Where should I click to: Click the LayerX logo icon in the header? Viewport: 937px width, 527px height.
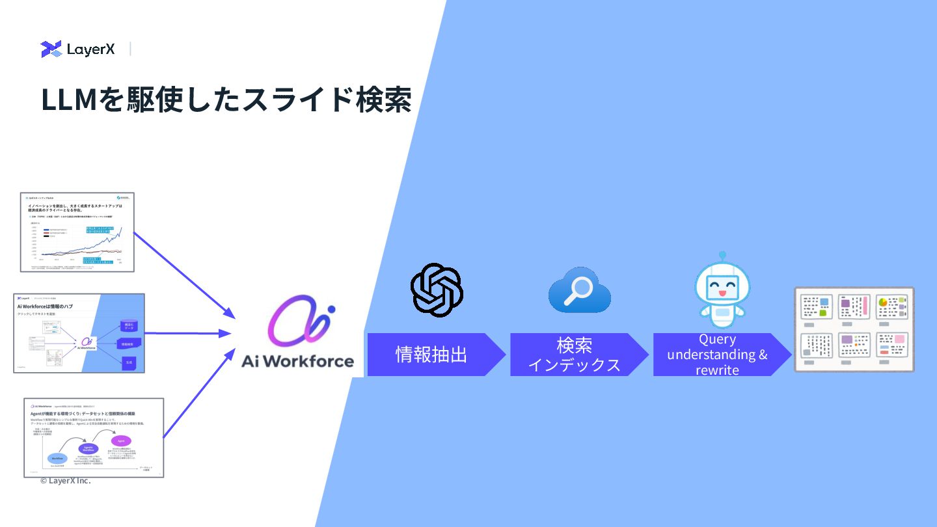51,49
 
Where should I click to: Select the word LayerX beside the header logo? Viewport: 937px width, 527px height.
90,49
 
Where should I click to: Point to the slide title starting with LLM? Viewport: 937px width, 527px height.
226,100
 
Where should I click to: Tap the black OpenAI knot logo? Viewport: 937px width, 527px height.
437,290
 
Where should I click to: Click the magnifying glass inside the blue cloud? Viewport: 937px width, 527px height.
578,289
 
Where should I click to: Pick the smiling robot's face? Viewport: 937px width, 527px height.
722,287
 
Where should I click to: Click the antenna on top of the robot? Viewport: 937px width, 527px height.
722,256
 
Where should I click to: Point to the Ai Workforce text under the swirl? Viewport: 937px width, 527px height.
297,361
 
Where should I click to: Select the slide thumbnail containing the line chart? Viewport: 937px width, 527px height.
77,232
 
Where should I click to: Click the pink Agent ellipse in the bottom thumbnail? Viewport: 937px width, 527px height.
120,440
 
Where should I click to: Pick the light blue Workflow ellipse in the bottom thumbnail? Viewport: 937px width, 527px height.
58,458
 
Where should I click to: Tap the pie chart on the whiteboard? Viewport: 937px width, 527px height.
883,303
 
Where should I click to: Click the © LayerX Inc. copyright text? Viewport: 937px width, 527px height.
65,481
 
